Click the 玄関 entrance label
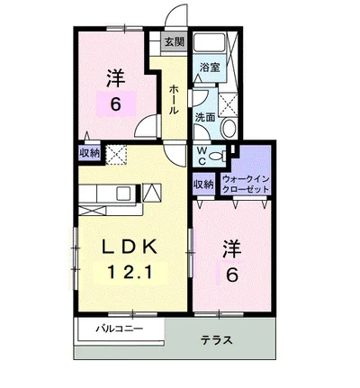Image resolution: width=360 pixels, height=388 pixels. click(x=173, y=42)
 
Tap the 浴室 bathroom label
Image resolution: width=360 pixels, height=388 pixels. click(x=209, y=68)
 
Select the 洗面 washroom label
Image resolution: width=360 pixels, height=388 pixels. click(x=204, y=117)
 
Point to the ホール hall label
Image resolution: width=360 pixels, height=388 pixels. click(x=173, y=98)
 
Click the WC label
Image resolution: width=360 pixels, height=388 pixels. click(x=202, y=155)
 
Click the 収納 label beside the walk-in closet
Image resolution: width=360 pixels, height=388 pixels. click(x=203, y=184)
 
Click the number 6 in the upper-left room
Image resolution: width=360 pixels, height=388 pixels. click(x=114, y=104)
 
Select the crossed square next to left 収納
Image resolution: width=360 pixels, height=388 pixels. click(x=115, y=155)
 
